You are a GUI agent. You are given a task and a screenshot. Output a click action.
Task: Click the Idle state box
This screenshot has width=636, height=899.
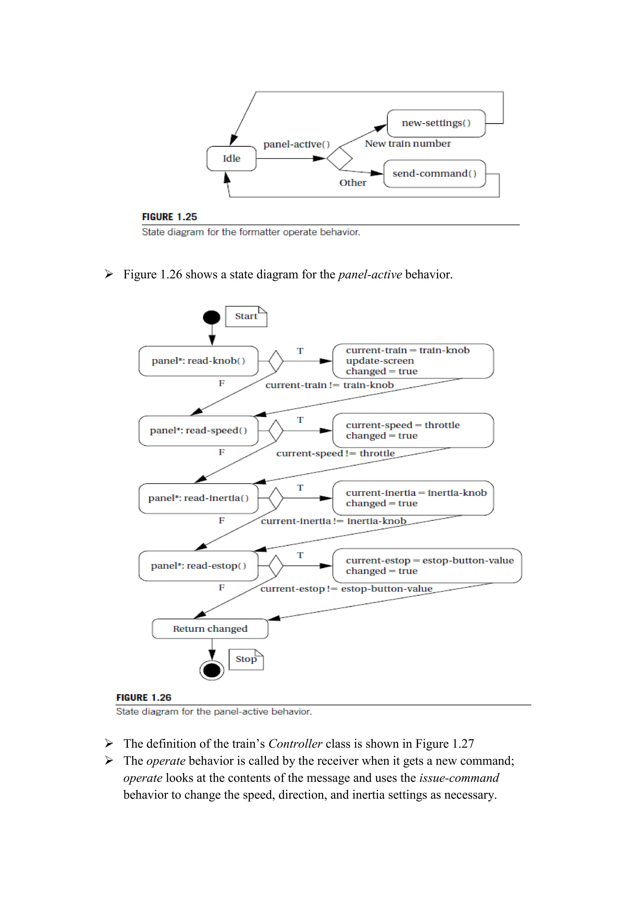(x=231, y=159)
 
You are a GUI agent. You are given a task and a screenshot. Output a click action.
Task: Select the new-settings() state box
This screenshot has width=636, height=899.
(x=436, y=123)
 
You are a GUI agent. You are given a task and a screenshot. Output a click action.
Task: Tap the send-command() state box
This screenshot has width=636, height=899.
(x=434, y=174)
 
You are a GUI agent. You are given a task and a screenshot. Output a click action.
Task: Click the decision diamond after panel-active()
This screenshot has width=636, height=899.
(x=339, y=159)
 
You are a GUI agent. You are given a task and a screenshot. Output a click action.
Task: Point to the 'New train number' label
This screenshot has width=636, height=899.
(x=408, y=144)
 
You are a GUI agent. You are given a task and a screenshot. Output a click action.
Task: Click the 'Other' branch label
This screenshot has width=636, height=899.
(x=352, y=183)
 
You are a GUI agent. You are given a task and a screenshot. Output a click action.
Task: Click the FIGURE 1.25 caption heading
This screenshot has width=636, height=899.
(x=169, y=217)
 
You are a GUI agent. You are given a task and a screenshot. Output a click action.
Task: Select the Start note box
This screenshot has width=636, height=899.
(x=246, y=316)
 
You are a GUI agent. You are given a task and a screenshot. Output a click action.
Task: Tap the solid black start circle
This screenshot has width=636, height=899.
(x=211, y=317)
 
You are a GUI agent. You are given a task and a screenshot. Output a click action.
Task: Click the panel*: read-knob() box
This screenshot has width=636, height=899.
(x=198, y=361)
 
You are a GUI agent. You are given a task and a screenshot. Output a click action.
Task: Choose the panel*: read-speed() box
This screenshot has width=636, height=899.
(x=198, y=431)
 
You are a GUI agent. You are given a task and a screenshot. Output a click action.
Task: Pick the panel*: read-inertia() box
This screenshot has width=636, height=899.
(x=198, y=498)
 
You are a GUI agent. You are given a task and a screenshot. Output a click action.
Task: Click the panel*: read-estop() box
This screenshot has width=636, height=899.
(x=198, y=566)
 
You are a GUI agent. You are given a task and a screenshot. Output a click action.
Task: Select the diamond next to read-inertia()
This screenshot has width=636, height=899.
(x=276, y=498)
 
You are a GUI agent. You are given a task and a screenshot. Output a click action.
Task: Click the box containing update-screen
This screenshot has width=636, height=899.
(x=413, y=361)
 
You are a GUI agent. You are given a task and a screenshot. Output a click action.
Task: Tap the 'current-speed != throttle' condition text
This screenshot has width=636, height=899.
(x=335, y=454)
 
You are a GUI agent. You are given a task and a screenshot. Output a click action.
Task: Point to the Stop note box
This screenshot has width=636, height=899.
(x=246, y=659)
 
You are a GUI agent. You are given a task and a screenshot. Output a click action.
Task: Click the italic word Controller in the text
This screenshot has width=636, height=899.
(x=295, y=743)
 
